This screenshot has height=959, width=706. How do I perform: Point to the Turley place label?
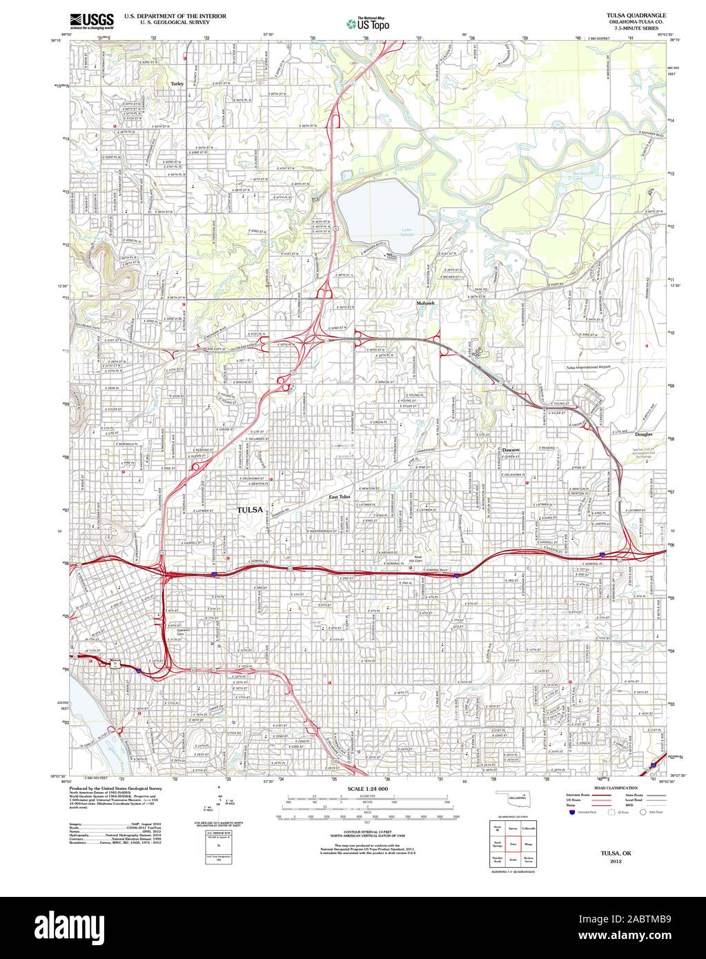[x=177, y=83]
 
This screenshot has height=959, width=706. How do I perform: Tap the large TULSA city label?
[x=250, y=510]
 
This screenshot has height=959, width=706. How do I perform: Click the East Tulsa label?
[x=340, y=497]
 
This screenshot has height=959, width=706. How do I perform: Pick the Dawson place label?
[x=511, y=449]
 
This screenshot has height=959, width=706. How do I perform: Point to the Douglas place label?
[x=644, y=435]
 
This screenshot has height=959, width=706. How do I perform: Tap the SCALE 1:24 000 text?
[x=368, y=789]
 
